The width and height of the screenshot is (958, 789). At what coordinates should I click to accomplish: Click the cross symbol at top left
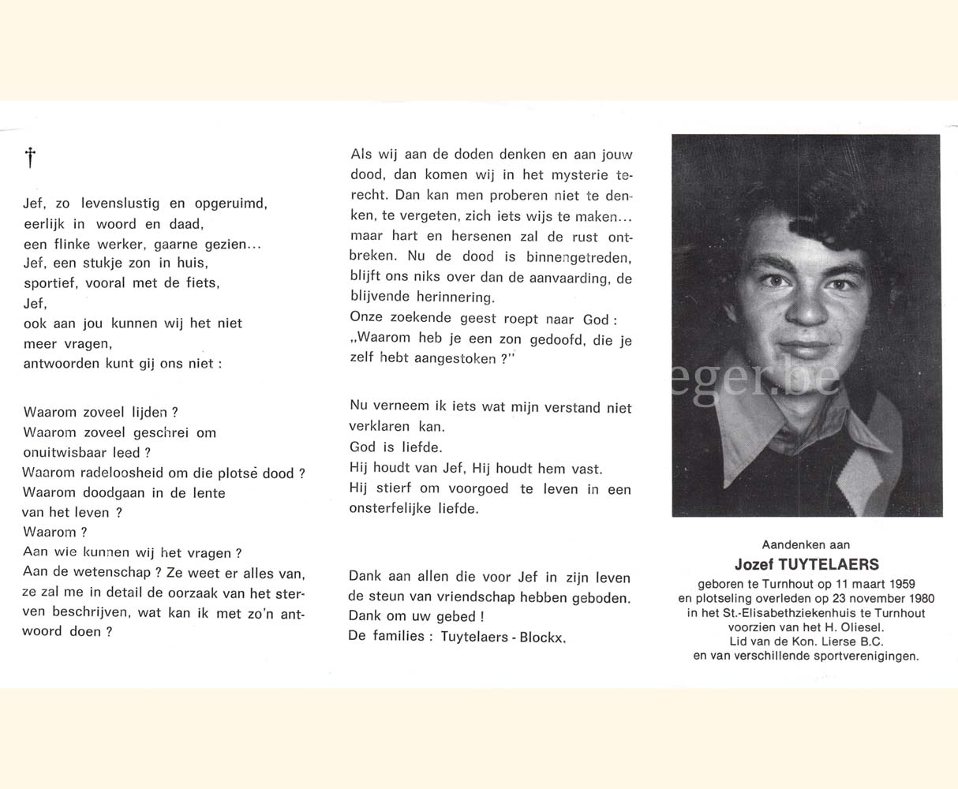(x=30, y=158)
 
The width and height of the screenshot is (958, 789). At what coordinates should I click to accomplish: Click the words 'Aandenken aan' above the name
(x=806, y=544)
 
